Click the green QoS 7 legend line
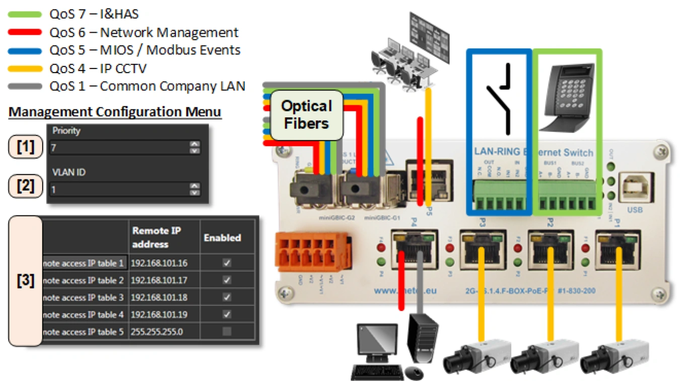click(x=25, y=15)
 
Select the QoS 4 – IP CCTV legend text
click(x=98, y=68)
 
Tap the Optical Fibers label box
click(x=306, y=114)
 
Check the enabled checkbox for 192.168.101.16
click(x=227, y=263)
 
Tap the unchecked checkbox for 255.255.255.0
click(x=227, y=332)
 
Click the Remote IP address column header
click(x=157, y=237)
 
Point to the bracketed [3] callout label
click(x=26, y=281)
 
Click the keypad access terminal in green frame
click(x=566, y=93)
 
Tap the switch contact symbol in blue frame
click(x=499, y=96)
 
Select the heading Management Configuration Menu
click(x=115, y=111)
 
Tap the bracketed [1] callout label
click(x=26, y=148)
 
